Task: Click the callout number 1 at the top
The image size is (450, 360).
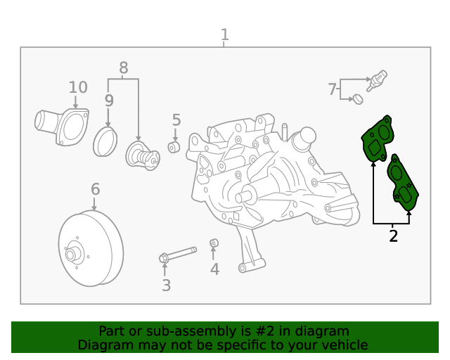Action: coord(224,34)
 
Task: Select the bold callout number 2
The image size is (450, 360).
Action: coord(393,236)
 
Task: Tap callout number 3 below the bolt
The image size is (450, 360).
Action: coord(166,285)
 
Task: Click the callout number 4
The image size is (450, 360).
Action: coord(214,269)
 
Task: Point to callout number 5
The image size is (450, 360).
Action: coord(176,120)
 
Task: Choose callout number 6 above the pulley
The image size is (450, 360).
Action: coord(95,189)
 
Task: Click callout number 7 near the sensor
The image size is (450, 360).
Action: coord(332,89)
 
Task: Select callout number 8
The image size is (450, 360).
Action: coord(124,68)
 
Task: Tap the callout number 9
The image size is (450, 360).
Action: coord(109,101)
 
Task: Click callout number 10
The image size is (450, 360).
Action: coord(78,87)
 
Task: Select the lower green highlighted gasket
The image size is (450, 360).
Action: coord(402,184)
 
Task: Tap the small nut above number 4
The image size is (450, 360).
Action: coord(214,244)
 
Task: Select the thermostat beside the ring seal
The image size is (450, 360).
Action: coord(140,155)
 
